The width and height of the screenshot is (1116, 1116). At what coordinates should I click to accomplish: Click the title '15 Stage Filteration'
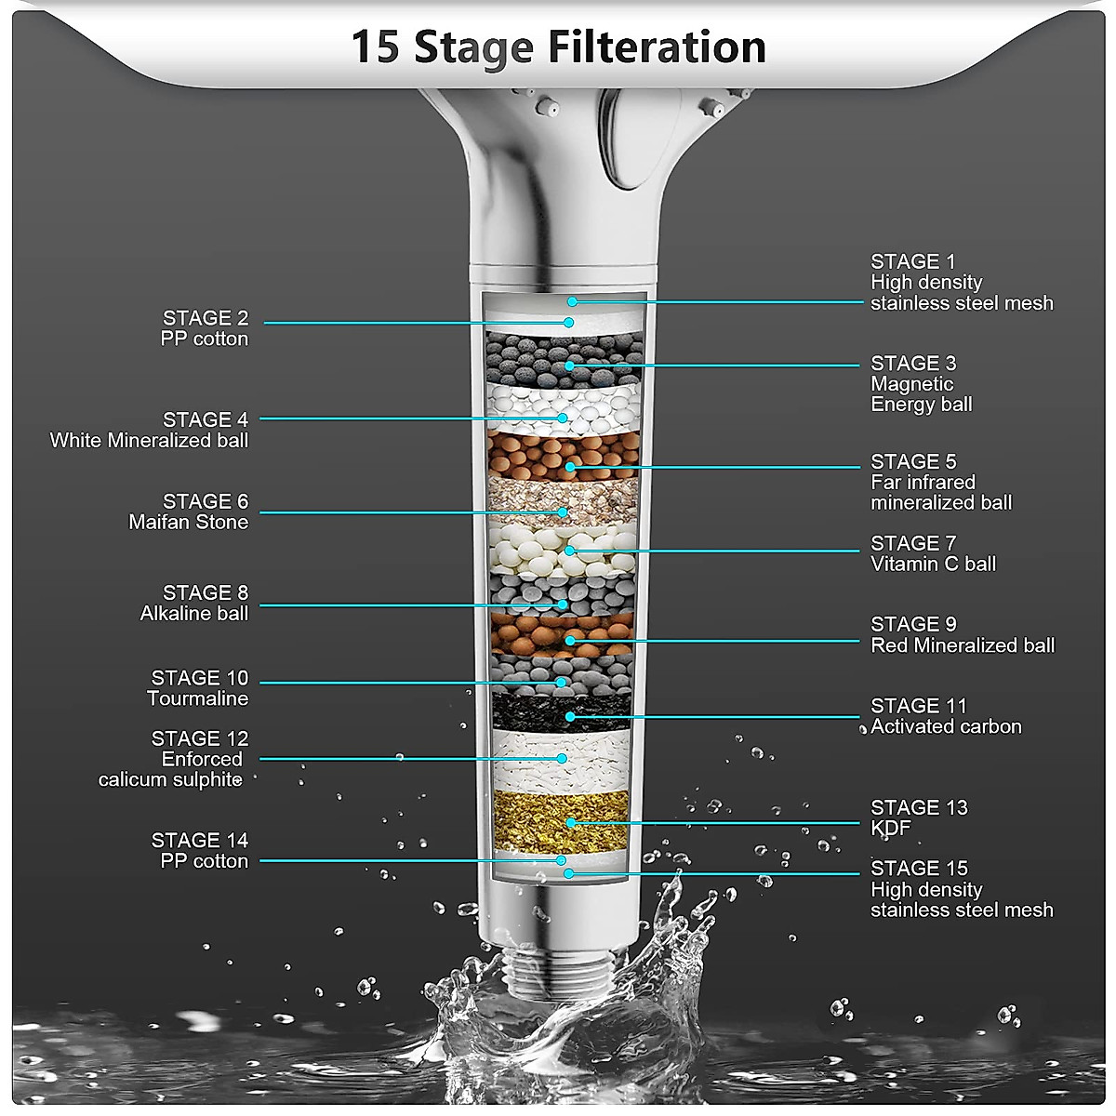pos(558,46)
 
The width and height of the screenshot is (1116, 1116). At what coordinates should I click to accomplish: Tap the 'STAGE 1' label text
pos(912,262)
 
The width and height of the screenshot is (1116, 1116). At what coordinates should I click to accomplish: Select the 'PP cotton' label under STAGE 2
pos(205,339)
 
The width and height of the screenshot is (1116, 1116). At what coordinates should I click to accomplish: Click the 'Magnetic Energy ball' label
pos(921,394)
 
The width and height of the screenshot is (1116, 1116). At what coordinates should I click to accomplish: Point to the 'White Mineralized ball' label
pos(150,441)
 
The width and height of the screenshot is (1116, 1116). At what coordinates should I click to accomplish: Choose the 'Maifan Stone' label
pos(189,523)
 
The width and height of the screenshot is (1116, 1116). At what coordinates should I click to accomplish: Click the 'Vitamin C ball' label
pos(933,565)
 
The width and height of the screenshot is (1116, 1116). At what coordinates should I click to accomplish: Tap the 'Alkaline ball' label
pos(194,614)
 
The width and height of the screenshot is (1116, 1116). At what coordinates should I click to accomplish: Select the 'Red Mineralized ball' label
pos(963,645)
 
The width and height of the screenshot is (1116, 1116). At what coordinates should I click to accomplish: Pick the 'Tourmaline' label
pos(198,699)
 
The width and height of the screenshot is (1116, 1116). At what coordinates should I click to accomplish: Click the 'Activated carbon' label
pos(946,727)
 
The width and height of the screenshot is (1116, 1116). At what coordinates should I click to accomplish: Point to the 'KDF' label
pos(891,829)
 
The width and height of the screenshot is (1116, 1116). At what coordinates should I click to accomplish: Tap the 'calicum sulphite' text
pos(170,780)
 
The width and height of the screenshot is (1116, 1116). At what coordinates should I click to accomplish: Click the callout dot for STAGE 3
pos(569,365)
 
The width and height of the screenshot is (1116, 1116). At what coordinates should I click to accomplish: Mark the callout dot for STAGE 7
pos(569,551)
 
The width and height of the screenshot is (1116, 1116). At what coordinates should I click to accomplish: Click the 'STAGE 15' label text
pos(919,869)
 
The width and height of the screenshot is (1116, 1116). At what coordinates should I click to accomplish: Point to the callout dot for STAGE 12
pos(562,759)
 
